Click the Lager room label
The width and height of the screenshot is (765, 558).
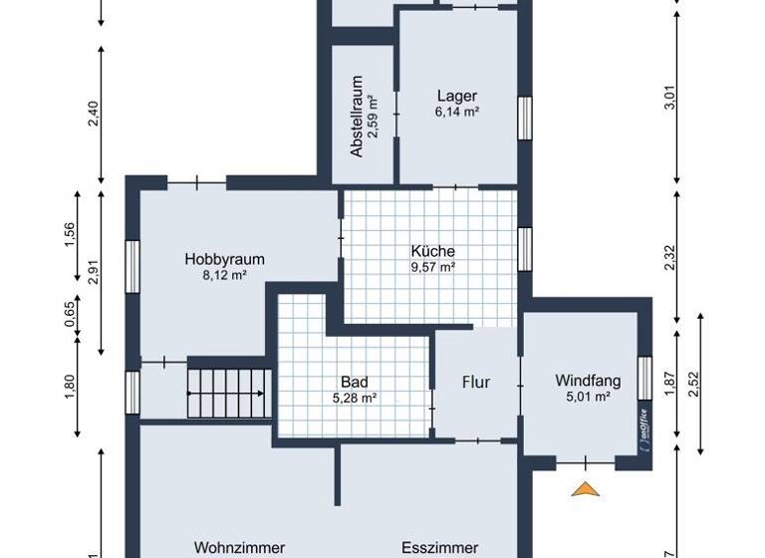point(457,97)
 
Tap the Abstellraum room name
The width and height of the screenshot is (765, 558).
point(356,117)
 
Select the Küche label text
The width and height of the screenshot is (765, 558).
point(433,251)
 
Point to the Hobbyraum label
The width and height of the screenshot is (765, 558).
point(224,259)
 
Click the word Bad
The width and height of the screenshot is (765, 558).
point(354,382)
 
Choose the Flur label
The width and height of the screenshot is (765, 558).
point(476,382)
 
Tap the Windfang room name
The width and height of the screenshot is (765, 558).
point(588,380)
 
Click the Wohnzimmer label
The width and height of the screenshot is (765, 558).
point(239,547)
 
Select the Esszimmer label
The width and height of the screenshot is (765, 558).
point(439,547)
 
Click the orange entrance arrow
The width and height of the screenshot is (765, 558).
point(587,488)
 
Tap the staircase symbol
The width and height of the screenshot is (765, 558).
point(229,394)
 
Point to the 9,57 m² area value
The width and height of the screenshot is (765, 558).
point(433,267)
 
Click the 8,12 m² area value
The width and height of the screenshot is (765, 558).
point(224,275)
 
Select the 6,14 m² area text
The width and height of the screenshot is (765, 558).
point(457,113)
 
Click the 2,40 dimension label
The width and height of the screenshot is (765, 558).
point(93,115)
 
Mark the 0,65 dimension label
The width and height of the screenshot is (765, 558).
point(69,314)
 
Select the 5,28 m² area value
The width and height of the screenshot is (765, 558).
point(354,398)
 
